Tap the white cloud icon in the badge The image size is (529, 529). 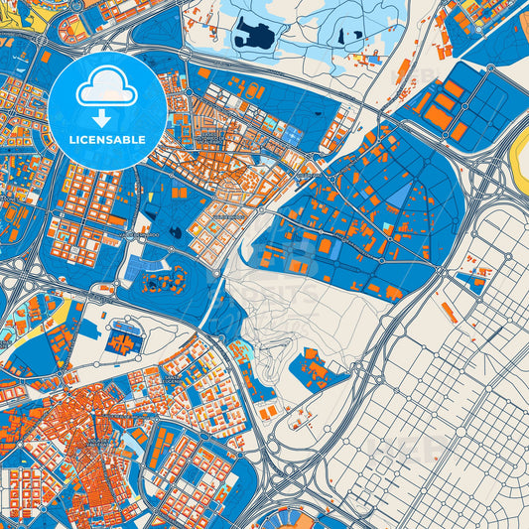click(106, 89)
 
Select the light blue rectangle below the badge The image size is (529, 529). click(134, 268)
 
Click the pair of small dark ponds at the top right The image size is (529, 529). click(349, 38)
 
